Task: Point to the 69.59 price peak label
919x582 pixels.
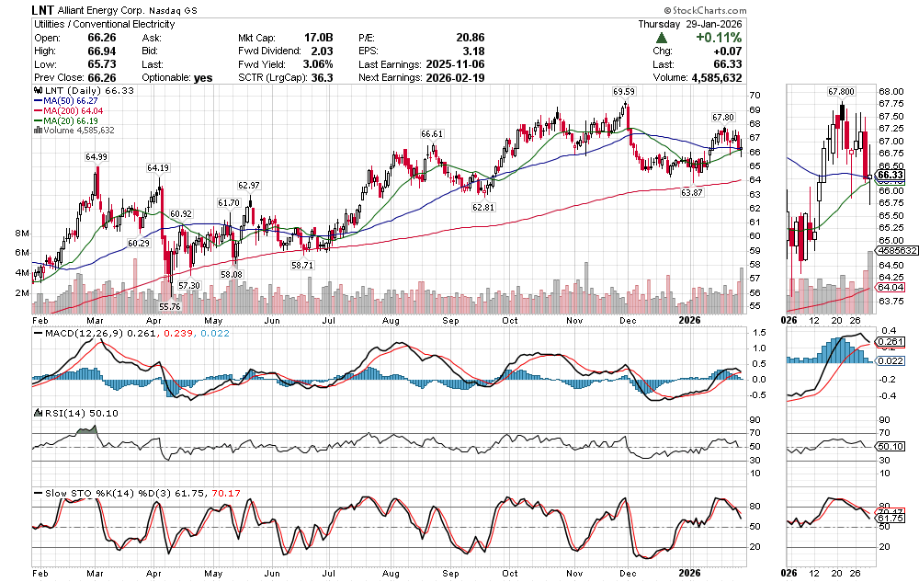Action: tap(625, 92)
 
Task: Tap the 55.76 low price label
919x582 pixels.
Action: tap(170, 306)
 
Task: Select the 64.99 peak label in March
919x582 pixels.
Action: tap(96, 157)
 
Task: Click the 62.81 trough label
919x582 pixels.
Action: tap(483, 208)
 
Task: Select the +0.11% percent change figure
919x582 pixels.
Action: tap(719, 38)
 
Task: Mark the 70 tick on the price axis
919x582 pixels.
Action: tap(753, 96)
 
